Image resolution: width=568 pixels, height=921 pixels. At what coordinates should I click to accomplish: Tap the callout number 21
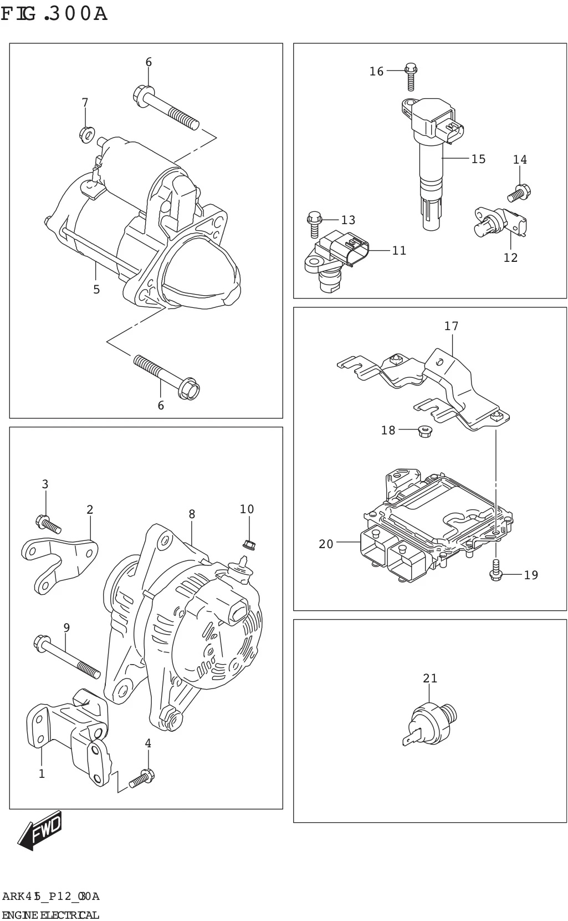[x=430, y=678]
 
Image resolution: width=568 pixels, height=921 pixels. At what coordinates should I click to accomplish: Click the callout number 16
[x=376, y=71]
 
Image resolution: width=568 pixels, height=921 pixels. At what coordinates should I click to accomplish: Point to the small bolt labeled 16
[x=410, y=77]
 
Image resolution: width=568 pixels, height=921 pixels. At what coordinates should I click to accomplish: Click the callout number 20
[x=326, y=544]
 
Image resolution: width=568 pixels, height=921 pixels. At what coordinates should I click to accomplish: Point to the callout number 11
[x=399, y=251]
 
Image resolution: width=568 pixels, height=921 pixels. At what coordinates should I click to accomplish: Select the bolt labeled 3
[x=48, y=524]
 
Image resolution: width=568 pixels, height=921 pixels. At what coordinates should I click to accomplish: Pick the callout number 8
[x=192, y=514]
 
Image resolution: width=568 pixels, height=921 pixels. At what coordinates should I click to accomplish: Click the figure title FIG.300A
[x=54, y=13]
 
